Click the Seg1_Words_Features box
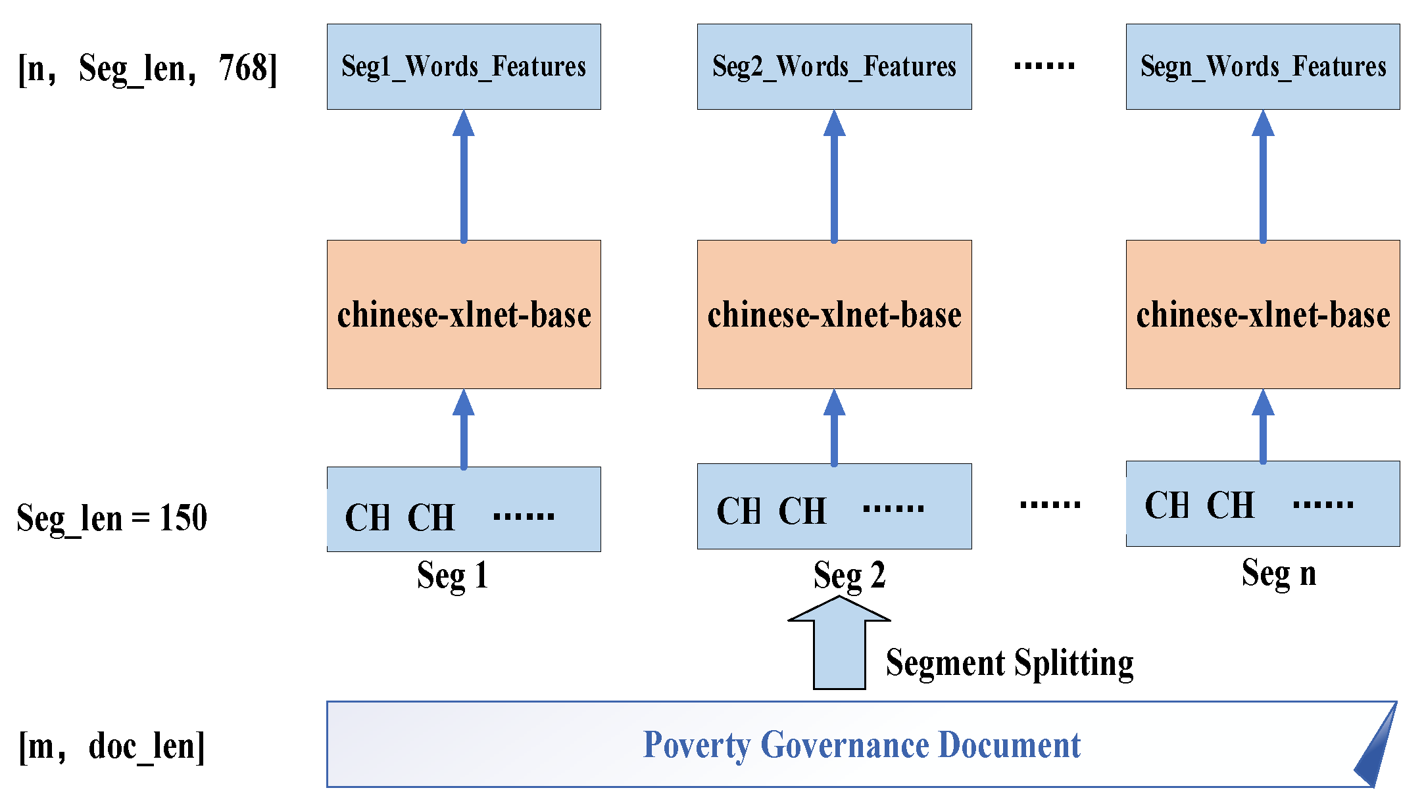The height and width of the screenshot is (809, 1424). click(x=464, y=66)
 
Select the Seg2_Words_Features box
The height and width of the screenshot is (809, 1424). click(x=834, y=66)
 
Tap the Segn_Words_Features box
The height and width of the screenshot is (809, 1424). click(x=1263, y=66)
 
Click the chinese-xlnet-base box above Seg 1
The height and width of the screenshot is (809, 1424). click(x=464, y=314)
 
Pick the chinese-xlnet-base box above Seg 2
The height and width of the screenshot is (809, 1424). click(x=834, y=314)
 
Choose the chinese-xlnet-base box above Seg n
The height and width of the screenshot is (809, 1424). click(x=1263, y=314)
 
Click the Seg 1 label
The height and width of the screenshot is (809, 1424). click(x=453, y=576)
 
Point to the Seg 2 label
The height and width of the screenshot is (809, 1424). click(x=849, y=576)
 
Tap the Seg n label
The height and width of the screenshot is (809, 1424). click(x=1279, y=573)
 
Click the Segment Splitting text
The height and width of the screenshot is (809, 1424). click(x=1010, y=662)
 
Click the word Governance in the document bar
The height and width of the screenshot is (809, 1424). click(x=844, y=745)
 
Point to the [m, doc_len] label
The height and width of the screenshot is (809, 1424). click(x=112, y=747)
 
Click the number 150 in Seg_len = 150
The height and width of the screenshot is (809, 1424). click(x=184, y=518)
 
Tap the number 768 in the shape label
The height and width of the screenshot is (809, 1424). click(x=243, y=68)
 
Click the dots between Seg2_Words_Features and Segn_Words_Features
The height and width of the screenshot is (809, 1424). click(x=1044, y=66)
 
